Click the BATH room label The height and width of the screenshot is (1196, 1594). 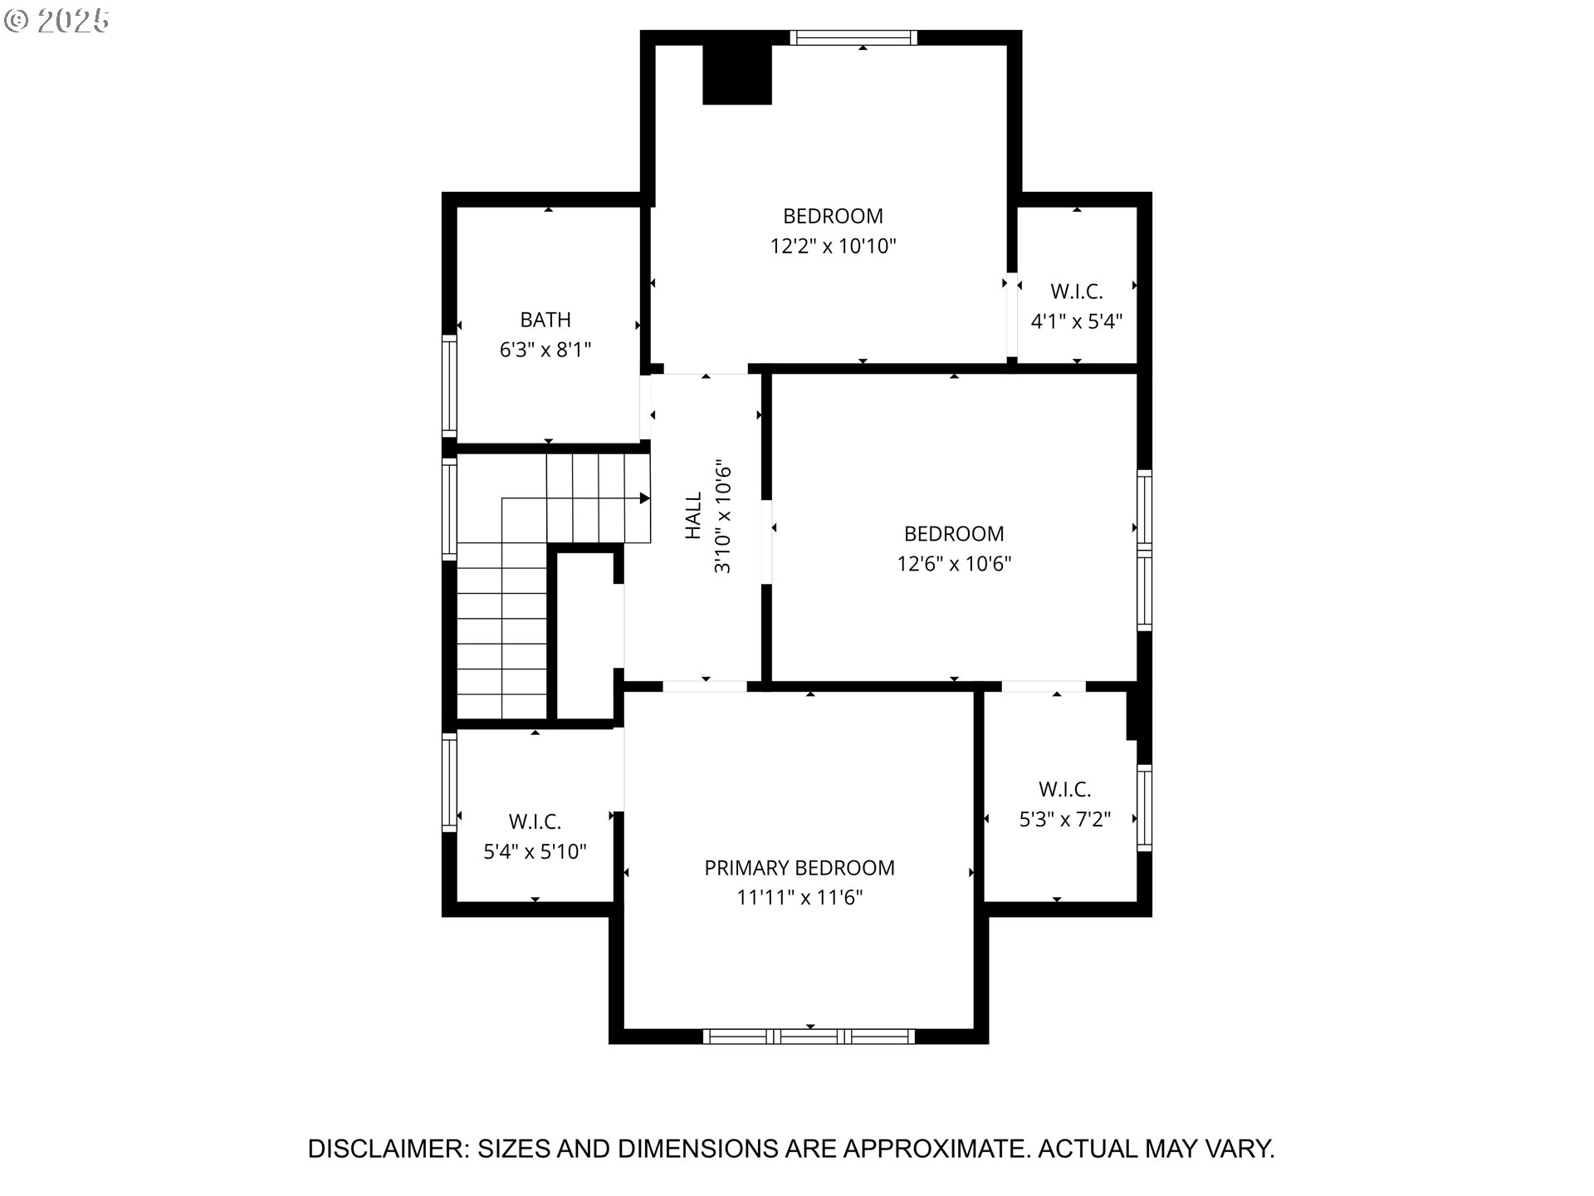tap(545, 320)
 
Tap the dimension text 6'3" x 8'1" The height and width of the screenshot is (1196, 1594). tap(545, 350)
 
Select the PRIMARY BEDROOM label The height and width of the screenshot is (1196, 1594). tap(799, 868)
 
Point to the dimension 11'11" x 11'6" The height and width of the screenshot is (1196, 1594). tap(799, 898)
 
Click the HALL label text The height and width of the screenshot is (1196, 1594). tap(693, 516)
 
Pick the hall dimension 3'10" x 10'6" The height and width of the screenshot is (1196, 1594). tap(722, 516)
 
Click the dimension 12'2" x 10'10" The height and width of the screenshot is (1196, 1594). tap(834, 246)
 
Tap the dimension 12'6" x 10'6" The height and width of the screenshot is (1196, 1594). tap(954, 564)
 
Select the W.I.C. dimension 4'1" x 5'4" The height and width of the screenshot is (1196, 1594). tap(1077, 321)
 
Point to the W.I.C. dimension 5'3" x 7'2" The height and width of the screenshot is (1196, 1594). tap(1065, 820)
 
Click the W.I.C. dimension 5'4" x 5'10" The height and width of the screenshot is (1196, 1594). tap(535, 852)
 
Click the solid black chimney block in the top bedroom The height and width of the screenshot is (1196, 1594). tap(737, 74)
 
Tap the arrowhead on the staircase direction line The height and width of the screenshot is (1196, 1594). tap(644, 498)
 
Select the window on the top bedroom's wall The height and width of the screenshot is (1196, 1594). tap(853, 37)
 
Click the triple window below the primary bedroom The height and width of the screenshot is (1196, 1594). tap(809, 1036)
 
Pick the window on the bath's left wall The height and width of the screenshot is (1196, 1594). tap(449, 386)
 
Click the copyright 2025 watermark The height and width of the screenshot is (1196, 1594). tap(56, 21)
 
